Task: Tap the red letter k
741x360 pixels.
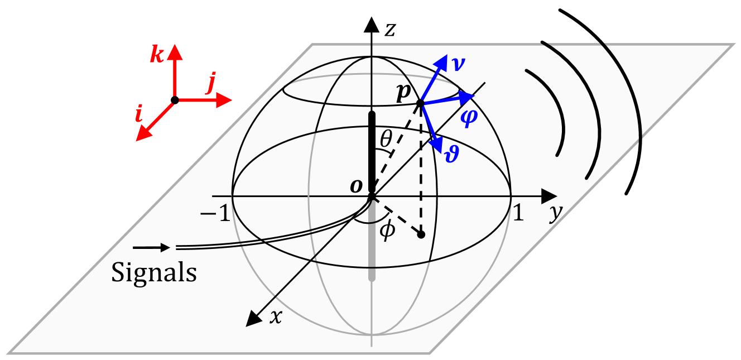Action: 157,56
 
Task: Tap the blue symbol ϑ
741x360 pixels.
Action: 451,153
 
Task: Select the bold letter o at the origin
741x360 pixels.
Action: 356,186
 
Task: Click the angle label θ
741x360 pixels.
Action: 385,140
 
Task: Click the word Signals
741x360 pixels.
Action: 154,273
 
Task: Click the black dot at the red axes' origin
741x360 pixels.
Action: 175,100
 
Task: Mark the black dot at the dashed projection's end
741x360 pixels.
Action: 421,234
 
